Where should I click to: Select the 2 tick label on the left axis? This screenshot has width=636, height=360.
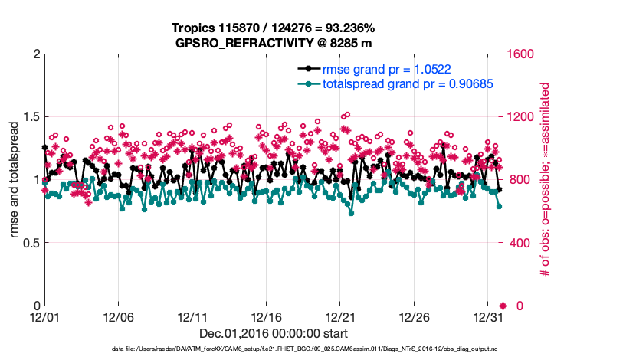pos(35,54)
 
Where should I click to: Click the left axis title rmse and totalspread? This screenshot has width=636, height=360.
pos(15,180)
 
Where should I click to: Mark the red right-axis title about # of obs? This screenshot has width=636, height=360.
pos(546,180)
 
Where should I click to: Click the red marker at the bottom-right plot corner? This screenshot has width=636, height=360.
pos(503,306)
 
